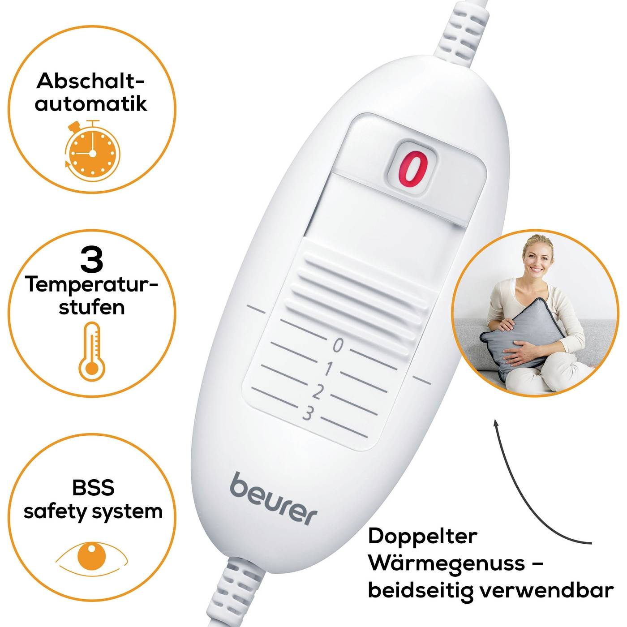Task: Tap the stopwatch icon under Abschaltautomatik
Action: [x=92, y=152]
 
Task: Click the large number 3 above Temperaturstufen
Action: [x=92, y=260]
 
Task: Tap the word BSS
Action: [x=93, y=487]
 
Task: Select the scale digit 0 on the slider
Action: [x=338, y=346]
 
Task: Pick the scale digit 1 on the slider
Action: [x=328, y=369]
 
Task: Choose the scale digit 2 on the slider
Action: [x=318, y=391]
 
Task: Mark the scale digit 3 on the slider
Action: [x=308, y=413]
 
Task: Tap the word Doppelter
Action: [x=422, y=536]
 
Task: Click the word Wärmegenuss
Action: [x=448, y=563]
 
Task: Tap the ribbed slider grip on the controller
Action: [x=358, y=287]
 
